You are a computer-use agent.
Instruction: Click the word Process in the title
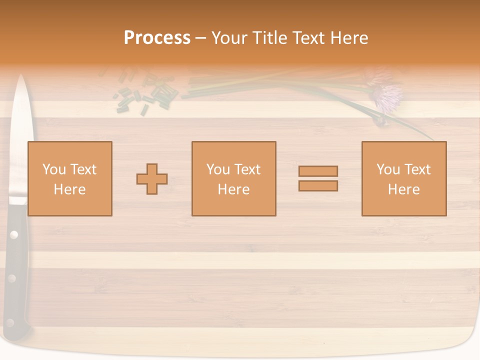click(x=157, y=38)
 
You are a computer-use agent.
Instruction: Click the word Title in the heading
click(x=270, y=38)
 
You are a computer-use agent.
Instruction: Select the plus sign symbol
click(x=152, y=178)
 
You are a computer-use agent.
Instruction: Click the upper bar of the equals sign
click(x=318, y=171)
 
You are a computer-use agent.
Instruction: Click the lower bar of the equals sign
click(x=318, y=185)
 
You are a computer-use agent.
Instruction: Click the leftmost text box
click(x=69, y=178)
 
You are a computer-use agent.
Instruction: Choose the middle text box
click(x=233, y=178)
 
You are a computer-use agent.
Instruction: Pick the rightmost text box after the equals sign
click(x=403, y=178)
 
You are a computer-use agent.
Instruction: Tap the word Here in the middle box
click(x=233, y=189)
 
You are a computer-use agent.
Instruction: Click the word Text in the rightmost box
click(x=416, y=169)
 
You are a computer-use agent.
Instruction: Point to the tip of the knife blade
click(x=21, y=76)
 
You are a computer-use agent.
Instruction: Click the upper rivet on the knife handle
click(x=14, y=234)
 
